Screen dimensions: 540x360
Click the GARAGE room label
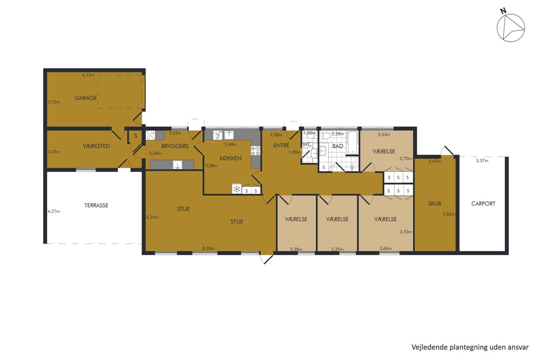pos(86,98)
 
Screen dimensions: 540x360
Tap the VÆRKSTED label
pos(96,146)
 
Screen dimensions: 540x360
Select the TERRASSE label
pos(96,206)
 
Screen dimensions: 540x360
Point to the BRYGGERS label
pos(175,146)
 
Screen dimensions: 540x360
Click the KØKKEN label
pos(230,158)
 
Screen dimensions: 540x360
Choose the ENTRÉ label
pos(281,145)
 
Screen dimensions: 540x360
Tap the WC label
pos(307,144)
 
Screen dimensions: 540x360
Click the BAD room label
pos(337,146)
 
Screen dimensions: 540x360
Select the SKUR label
pos(435,203)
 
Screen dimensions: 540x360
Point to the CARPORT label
pos(483,203)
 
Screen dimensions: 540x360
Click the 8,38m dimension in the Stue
pos(208,248)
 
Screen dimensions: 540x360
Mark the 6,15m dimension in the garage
pos(88,75)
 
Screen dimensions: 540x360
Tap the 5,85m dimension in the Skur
pos(449,214)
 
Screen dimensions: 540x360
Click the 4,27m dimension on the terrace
pos(54,211)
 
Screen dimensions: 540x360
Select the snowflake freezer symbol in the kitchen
pos(237,189)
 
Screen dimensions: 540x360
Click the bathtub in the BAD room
pos(353,143)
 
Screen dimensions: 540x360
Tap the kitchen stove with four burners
pos(256,151)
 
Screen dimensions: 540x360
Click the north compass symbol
pos(511,28)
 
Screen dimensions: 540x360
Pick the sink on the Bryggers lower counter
pos(178,164)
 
